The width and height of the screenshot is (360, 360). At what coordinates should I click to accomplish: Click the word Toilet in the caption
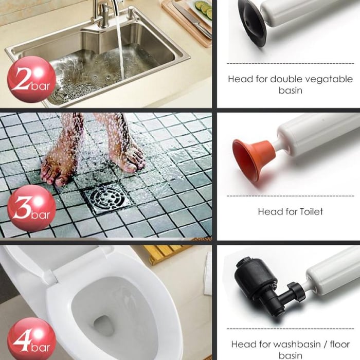click(x=308, y=211)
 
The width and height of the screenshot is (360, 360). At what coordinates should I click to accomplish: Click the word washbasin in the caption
click(x=291, y=344)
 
